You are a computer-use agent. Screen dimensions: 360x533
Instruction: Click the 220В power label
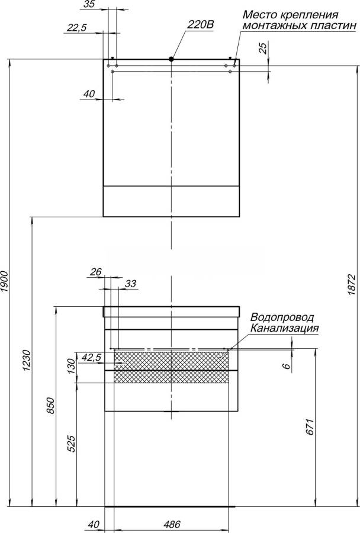tap(201, 25)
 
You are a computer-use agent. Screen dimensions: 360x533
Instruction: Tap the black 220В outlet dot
tap(171, 59)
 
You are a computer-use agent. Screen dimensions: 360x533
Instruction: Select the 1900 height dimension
tap(4, 282)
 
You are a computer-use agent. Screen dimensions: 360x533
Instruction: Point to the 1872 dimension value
tap(352, 285)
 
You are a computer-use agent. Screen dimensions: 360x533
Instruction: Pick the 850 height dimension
tap(51, 406)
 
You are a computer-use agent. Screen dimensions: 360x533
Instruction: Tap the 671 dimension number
tap(310, 427)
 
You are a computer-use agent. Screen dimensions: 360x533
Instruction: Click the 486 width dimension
tap(172, 525)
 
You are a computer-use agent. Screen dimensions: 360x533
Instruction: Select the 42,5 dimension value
tap(92, 357)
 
